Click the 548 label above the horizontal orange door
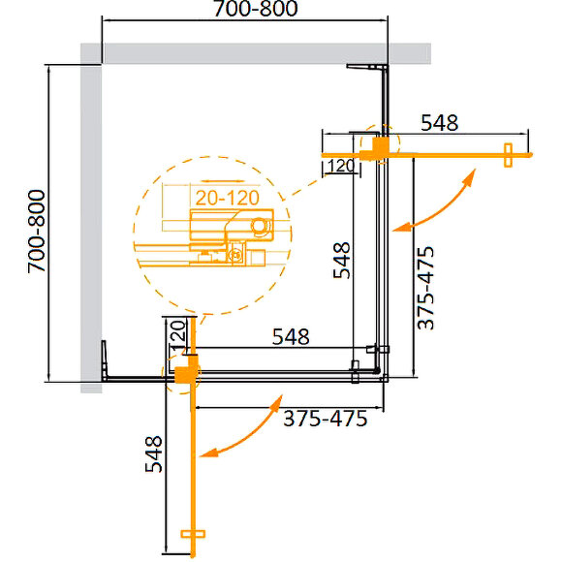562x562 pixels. click(439, 122)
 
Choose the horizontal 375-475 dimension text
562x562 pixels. click(326, 420)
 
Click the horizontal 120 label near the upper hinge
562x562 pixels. click(337, 166)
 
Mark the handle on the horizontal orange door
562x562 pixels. click(506, 155)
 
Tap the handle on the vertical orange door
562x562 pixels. click(195, 535)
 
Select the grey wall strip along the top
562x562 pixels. click(262, 53)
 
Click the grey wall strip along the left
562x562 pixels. click(90, 223)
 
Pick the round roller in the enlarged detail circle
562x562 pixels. click(259, 226)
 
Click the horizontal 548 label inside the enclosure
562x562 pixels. click(290, 337)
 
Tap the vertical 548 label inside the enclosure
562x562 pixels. click(340, 260)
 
